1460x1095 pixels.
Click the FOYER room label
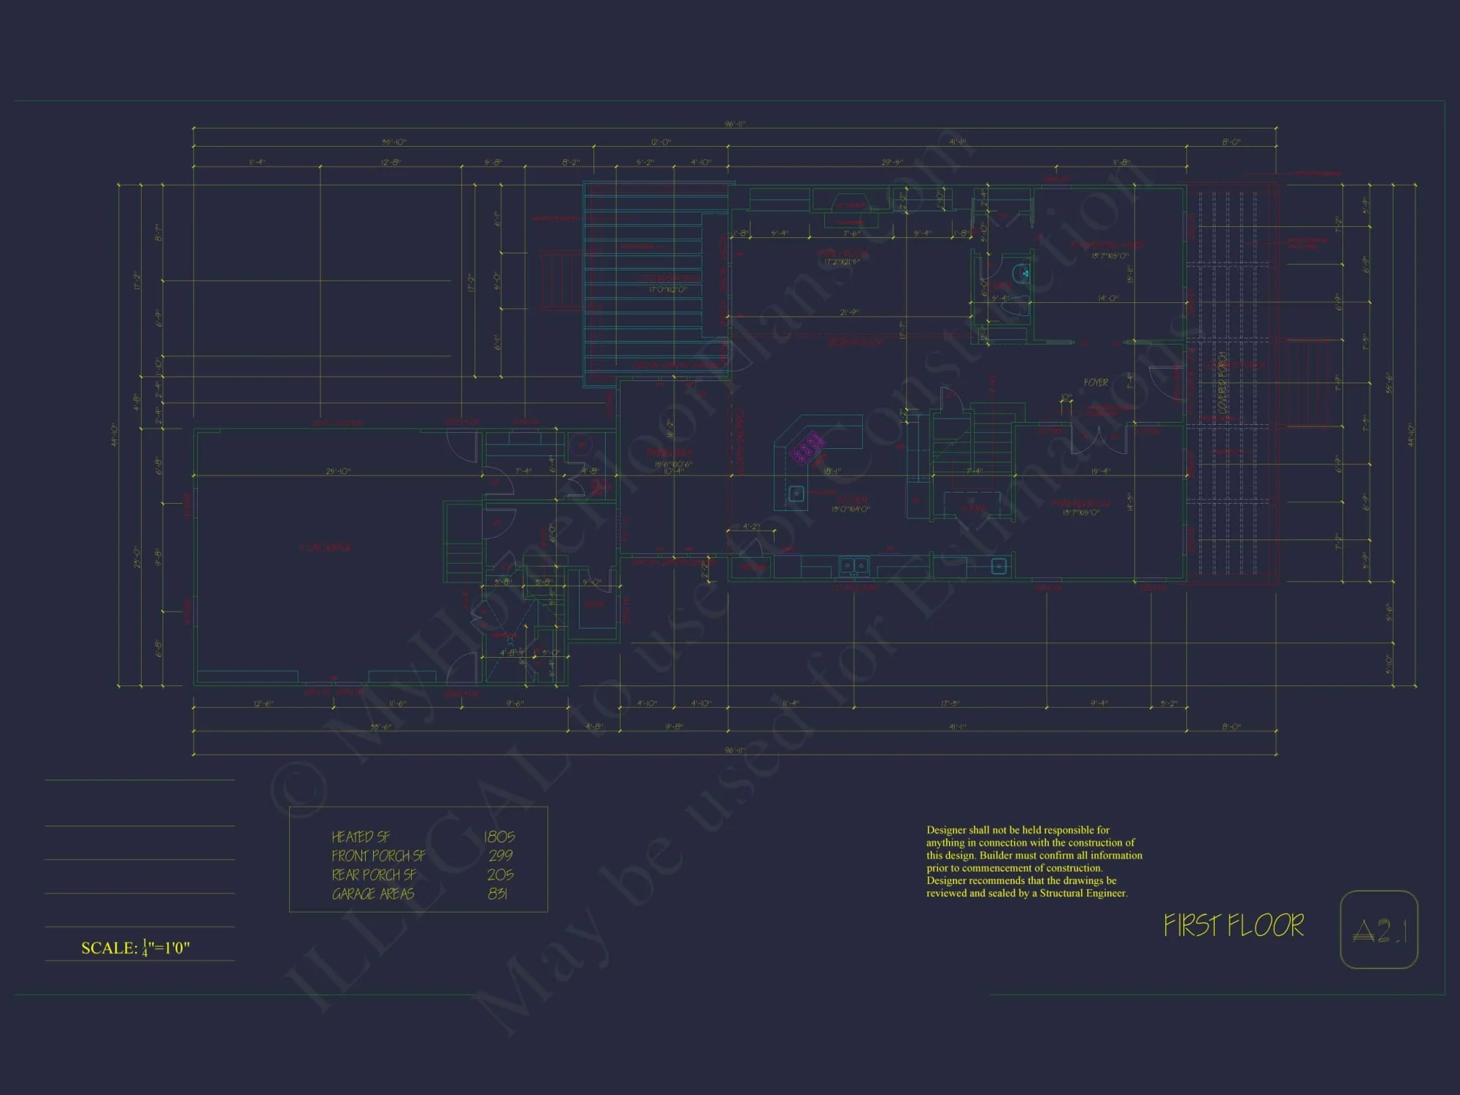pyautogui.click(x=1095, y=383)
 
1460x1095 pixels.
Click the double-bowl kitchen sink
pyautogui.click(x=853, y=565)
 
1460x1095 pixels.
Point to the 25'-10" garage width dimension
pyautogui.click(x=338, y=472)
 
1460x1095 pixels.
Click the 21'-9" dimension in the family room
pyautogui.click(x=849, y=312)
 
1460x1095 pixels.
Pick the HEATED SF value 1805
pyautogui.click(x=499, y=837)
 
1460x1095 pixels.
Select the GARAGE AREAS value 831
pyautogui.click(x=498, y=894)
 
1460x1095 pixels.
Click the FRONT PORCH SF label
pyautogui.click(x=378, y=856)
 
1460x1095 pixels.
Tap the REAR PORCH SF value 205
pyautogui.click(x=500, y=875)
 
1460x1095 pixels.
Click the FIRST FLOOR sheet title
pyautogui.click(x=1234, y=926)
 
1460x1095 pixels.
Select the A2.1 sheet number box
pyautogui.click(x=1379, y=930)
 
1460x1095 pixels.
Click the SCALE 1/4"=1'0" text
pyautogui.click(x=136, y=948)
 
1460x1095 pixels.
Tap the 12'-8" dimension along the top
pyautogui.click(x=391, y=162)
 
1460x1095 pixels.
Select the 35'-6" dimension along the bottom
pyautogui.click(x=380, y=727)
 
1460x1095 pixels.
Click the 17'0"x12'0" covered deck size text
pyautogui.click(x=668, y=290)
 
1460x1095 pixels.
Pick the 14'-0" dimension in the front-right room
pyautogui.click(x=1108, y=299)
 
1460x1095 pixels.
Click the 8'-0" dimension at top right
pyautogui.click(x=1231, y=142)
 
